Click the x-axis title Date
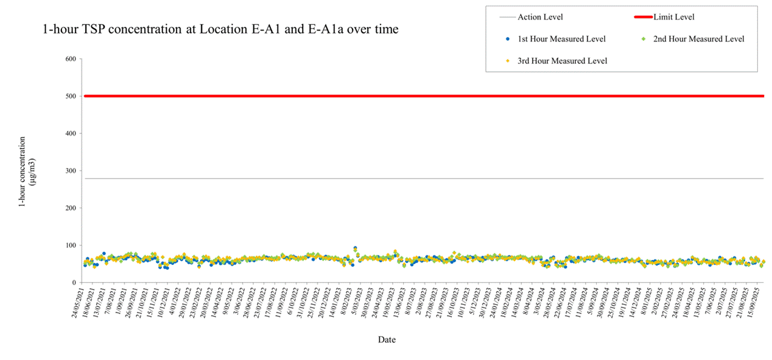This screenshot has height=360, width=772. coord(387,339)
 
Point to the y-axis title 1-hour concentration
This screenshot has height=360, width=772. coord(23,172)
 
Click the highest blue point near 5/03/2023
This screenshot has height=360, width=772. coord(355,249)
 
